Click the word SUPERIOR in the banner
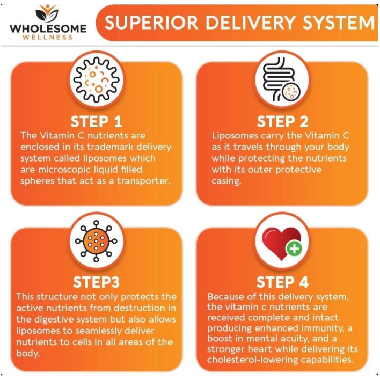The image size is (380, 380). tap(151, 23)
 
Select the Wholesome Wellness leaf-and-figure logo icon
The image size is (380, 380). tap(48, 13)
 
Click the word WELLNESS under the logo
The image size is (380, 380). tap(48, 37)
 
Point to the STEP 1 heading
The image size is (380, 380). tap(96, 121)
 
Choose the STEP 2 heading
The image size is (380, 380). tap(282, 121)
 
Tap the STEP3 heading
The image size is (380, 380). tap(96, 282)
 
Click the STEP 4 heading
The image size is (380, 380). tap(282, 282)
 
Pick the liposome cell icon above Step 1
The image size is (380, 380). tap(97, 79)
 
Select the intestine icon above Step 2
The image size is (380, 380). tap(282, 79)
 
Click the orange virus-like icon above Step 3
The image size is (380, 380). tap(96, 241)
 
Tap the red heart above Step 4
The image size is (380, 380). tap(281, 243)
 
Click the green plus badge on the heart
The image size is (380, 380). tap(294, 249)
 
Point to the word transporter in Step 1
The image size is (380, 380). tap(144, 181)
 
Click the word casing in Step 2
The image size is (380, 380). tap(226, 181)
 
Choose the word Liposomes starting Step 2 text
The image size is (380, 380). tap(235, 136)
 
